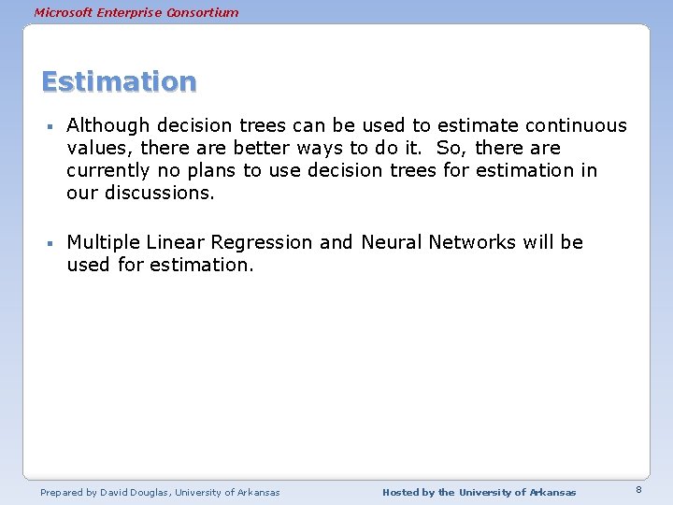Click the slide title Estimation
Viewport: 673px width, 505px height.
(x=119, y=81)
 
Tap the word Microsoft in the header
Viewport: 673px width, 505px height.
(x=64, y=12)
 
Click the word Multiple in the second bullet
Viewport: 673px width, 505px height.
(x=103, y=242)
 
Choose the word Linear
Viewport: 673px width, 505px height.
(x=175, y=242)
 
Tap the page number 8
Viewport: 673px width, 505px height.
(x=638, y=490)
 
